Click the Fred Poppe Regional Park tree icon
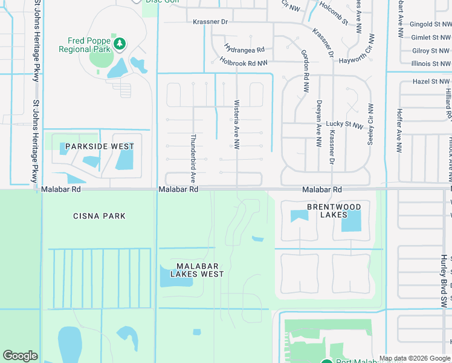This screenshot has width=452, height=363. coord(120,43)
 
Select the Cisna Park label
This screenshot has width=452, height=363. coord(99,216)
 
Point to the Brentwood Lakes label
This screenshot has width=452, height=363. coord(334,211)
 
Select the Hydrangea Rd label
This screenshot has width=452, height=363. coord(245,49)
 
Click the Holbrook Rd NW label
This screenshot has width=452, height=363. coord(244,62)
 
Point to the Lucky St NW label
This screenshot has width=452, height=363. coord(344,125)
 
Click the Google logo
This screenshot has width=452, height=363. coord(20,356)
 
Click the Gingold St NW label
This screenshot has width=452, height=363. coord(430,25)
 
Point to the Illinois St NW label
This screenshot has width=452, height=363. coord(430,63)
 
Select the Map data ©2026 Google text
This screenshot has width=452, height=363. coord(415,358)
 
